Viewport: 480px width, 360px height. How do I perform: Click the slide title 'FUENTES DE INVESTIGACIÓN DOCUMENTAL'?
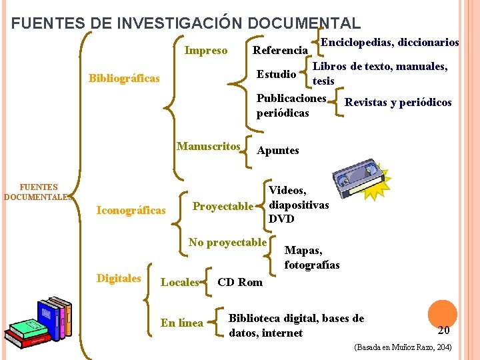click(186, 23)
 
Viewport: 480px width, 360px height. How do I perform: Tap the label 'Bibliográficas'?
click(124, 79)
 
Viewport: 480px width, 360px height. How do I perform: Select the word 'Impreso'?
click(205, 50)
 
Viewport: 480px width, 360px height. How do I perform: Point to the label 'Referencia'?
click(280, 50)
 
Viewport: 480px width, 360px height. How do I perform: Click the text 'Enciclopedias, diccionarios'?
click(390, 42)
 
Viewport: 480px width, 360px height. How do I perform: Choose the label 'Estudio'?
click(277, 73)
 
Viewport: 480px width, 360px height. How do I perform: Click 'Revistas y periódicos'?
click(398, 102)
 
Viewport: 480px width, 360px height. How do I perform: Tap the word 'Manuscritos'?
click(208, 146)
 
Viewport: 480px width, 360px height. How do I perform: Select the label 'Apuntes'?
click(278, 150)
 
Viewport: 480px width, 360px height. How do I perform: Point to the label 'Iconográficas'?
click(131, 211)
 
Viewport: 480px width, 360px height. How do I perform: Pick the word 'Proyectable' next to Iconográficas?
click(223, 206)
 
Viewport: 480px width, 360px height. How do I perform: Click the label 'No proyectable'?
click(227, 242)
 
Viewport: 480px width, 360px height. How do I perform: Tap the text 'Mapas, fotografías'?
click(311, 257)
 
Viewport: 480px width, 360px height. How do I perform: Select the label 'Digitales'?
click(119, 278)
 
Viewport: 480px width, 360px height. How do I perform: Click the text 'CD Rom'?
click(240, 282)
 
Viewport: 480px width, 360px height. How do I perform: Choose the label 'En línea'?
click(181, 323)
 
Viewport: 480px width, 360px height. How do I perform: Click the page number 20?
click(443, 330)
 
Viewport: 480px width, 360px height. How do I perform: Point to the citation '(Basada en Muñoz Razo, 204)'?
click(403, 347)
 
